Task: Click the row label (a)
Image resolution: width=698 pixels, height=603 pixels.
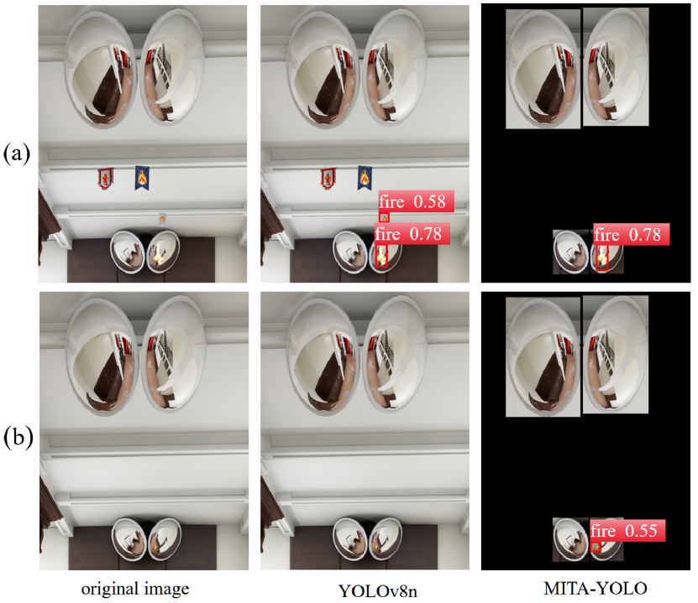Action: pyautogui.click(x=17, y=153)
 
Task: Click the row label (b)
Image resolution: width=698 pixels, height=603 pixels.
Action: pyautogui.click(x=18, y=438)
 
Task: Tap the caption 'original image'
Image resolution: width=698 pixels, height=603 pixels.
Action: pyautogui.click(x=135, y=589)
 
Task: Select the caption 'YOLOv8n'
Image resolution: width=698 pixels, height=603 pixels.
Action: pyautogui.click(x=378, y=591)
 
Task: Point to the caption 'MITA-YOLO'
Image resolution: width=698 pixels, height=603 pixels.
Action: pyautogui.click(x=596, y=589)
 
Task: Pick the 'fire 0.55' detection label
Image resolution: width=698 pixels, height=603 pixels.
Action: pyautogui.click(x=627, y=531)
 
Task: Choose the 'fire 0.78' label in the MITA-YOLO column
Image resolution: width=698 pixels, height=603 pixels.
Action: pyautogui.click(x=632, y=234)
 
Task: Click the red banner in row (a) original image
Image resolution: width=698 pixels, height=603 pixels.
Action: pyautogui.click(x=106, y=178)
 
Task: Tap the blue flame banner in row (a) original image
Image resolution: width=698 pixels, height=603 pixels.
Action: pyautogui.click(x=142, y=177)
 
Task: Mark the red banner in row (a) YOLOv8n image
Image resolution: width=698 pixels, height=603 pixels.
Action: pyautogui.click(x=328, y=178)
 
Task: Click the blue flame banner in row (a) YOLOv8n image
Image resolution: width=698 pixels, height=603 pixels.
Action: pyautogui.click(x=365, y=177)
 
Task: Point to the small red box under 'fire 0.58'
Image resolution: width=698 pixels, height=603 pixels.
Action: pyautogui.click(x=384, y=217)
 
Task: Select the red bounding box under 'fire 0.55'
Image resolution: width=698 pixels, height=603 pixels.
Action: pyautogui.click(x=596, y=547)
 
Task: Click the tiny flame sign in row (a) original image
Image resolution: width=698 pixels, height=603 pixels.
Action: pyautogui.click(x=162, y=219)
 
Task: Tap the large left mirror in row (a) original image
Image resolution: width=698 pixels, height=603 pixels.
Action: pyautogui.click(x=99, y=69)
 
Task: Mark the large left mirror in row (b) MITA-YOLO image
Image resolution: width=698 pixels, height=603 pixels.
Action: pyautogui.click(x=543, y=356)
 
